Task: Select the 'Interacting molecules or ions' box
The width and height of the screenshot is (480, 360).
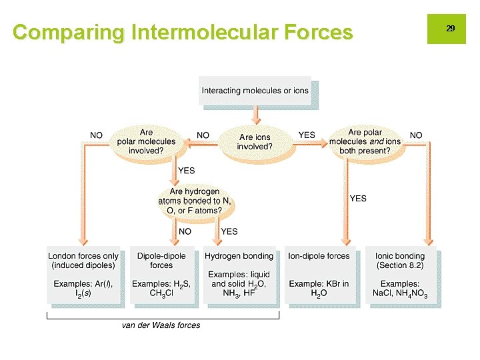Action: (x=255, y=91)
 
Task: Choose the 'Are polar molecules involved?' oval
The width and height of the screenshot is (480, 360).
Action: (x=146, y=141)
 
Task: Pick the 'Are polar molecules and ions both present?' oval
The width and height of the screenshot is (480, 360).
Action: (x=365, y=141)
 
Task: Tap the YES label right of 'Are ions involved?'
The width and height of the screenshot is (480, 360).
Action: (x=307, y=135)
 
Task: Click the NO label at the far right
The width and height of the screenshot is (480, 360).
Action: (x=416, y=135)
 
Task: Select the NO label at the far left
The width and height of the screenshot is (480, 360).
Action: (x=97, y=135)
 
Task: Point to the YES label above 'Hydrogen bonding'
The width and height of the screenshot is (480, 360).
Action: (x=229, y=232)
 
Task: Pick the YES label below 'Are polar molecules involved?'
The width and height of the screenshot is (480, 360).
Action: (x=187, y=171)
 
